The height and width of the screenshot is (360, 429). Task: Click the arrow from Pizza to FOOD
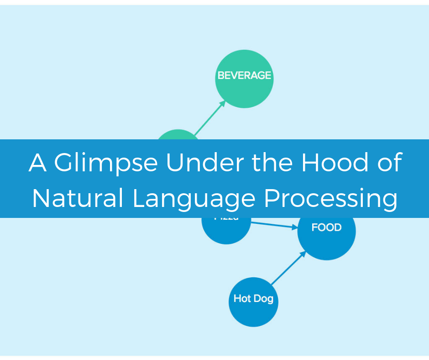coord(274,225)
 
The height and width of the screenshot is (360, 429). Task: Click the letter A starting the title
coord(38,163)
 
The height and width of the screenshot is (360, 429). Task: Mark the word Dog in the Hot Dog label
coord(264,299)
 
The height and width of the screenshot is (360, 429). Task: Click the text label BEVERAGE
coord(244,75)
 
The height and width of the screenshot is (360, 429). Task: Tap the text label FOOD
coord(326,228)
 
